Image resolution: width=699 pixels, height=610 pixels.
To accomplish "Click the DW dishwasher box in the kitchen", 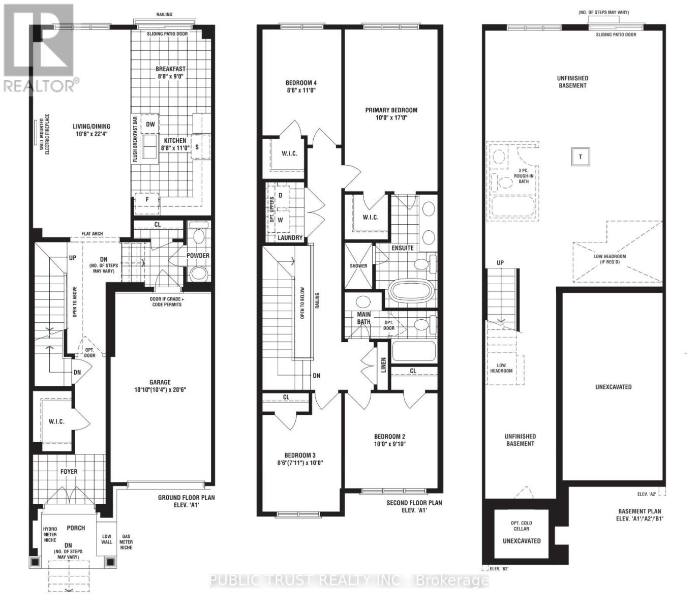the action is tap(150, 124).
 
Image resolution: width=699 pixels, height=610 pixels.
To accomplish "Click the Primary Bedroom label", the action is tap(391, 110).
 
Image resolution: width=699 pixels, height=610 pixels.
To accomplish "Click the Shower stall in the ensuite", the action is tap(358, 266).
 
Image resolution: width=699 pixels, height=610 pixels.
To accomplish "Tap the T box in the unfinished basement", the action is tap(581, 157).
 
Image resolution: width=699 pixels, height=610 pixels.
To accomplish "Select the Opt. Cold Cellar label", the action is tap(522, 526).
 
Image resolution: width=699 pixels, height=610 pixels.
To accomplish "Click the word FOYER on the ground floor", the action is tap(69, 471).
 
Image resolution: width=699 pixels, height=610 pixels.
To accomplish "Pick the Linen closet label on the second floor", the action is tap(383, 365).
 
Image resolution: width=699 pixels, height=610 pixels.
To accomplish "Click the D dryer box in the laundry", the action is tap(280, 195).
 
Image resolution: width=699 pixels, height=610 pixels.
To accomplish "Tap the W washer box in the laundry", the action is tap(280, 220).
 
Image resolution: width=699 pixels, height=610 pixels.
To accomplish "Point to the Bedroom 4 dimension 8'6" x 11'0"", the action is tap(301, 90).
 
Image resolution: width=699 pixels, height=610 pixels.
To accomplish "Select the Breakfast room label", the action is tap(170, 69).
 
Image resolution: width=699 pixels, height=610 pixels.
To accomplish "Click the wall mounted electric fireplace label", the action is tap(45, 134).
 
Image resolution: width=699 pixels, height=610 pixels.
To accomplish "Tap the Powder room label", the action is tap(198, 256).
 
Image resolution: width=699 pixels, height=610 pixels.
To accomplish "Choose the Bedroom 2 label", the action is tap(389, 437).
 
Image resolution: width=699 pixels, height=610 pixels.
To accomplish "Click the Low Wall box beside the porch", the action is tap(107, 539).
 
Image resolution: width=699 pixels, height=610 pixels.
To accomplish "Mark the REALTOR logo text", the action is tap(39, 86).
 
